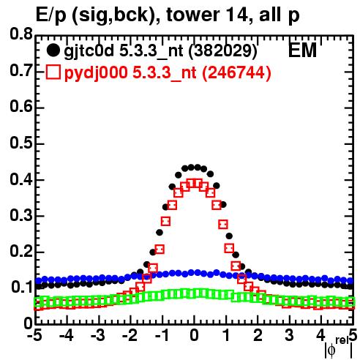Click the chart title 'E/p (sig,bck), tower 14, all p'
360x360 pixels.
168,15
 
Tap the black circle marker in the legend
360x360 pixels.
53,50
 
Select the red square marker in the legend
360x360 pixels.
53,72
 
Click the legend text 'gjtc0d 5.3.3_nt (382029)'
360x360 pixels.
160,51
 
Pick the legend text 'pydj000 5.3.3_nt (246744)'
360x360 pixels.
168,72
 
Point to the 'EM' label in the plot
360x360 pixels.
302,50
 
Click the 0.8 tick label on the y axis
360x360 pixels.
21,34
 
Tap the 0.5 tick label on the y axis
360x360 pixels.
21,143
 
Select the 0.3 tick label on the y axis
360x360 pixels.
21,216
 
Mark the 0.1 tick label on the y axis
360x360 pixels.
21,288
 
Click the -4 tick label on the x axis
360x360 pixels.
67,335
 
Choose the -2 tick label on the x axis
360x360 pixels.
130,335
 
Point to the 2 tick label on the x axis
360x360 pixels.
258,335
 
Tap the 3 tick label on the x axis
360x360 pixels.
290,335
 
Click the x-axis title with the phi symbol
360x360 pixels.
339,348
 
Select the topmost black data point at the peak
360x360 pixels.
191,168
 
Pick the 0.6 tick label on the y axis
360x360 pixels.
21,107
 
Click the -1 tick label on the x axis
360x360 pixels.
162,335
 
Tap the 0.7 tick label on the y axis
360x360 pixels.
21,70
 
